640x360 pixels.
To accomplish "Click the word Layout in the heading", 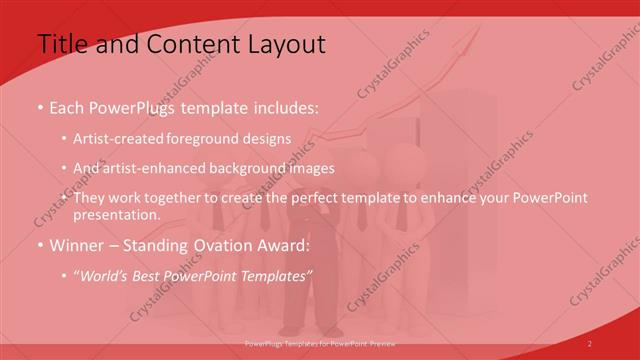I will [x=284, y=44].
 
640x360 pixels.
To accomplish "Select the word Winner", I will [x=78, y=245].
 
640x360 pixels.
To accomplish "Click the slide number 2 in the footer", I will [x=590, y=344].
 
